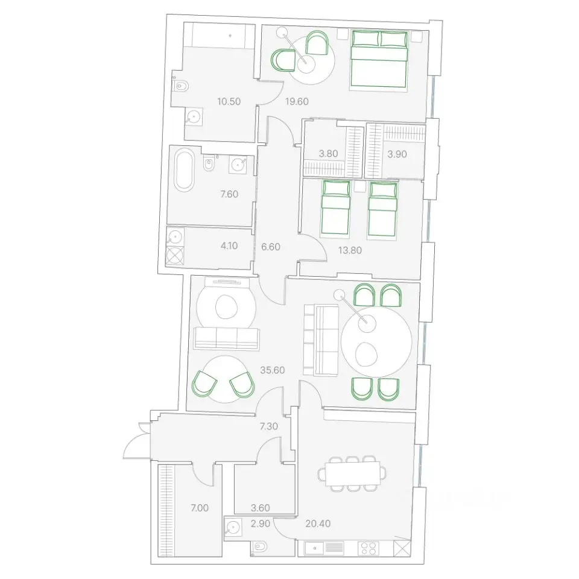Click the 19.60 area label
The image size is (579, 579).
coord(297,101)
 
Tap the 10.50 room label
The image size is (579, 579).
coord(229,101)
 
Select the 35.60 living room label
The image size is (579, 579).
coord(273,370)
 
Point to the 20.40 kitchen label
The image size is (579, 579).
coord(318,524)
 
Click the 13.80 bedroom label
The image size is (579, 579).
coord(350,250)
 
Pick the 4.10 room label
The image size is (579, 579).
coord(229,245)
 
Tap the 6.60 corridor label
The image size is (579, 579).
coord(271,247)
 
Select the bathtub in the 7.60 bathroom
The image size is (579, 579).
coord(184,170)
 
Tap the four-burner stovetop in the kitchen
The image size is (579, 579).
coord(368,548)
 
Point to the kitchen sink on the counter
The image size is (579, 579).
coord(314,548)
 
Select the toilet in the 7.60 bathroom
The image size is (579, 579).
coord(209,163)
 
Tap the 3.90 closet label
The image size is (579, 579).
coord(397,154)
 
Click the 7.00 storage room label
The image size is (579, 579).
coord(200,508)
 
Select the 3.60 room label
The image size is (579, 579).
coord(261,508)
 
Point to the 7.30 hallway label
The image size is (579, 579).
coord(269,426)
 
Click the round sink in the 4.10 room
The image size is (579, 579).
coord(175,237)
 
